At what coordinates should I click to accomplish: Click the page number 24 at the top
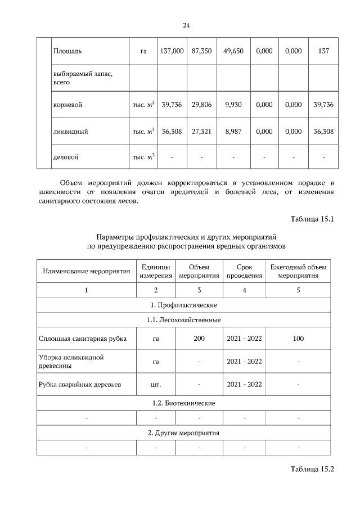point(186,25)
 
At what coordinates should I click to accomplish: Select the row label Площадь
point(67,51)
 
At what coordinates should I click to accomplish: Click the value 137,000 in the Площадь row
point(172,51)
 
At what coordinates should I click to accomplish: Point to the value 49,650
point(233,51)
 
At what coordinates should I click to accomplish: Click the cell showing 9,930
point(233,105)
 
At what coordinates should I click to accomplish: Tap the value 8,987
point(233,131)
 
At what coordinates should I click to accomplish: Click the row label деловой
point(66,157)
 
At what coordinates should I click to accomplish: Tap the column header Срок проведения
point(244,271)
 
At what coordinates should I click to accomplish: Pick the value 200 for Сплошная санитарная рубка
point(199,339)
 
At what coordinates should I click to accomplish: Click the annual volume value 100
point(298,339)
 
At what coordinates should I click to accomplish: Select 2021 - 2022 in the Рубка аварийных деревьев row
point(244,385)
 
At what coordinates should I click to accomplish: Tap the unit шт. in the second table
point(156,385)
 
